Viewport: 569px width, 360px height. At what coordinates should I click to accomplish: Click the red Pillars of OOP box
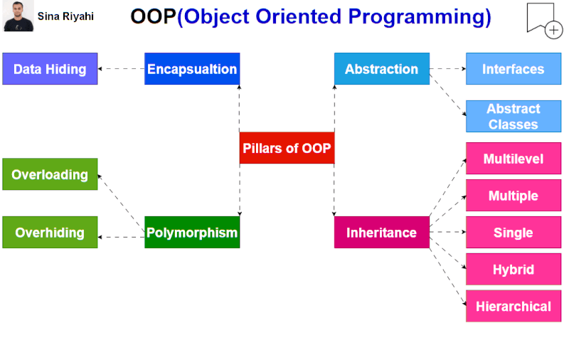coord(287,148)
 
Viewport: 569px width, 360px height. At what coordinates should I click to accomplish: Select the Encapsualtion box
coord(192,69)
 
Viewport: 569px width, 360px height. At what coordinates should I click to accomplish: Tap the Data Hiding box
coord(50,69)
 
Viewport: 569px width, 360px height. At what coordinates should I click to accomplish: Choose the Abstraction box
coord(382,69)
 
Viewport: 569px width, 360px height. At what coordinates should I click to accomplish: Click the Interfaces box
coord(513,69)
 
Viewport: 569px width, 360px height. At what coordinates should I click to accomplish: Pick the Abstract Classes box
coord(513,116)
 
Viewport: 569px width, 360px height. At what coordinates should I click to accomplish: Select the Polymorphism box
coord(192,233)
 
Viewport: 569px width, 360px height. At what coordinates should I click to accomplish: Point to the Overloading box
coord(50,174)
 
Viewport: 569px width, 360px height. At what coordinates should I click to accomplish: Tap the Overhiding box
coord(50,233)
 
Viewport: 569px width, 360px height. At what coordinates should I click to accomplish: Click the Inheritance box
coord(382,233)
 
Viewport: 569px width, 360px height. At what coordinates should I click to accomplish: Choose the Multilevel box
coord(513,159)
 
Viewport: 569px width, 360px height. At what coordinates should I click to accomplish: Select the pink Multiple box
coord(513,196)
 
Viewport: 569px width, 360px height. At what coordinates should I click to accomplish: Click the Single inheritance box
coord(513,233)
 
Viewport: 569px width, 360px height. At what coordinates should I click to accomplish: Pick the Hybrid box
coord(513,270)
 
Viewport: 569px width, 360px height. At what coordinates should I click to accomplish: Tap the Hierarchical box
coord(513,307)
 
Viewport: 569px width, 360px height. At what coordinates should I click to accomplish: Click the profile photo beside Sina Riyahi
coord(18,16)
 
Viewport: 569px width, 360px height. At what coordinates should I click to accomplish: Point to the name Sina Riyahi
coord(65,16)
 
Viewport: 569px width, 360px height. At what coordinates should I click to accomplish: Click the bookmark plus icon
coord(543,19)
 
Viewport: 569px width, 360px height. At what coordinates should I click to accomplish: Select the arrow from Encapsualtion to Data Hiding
coord(121,69)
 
